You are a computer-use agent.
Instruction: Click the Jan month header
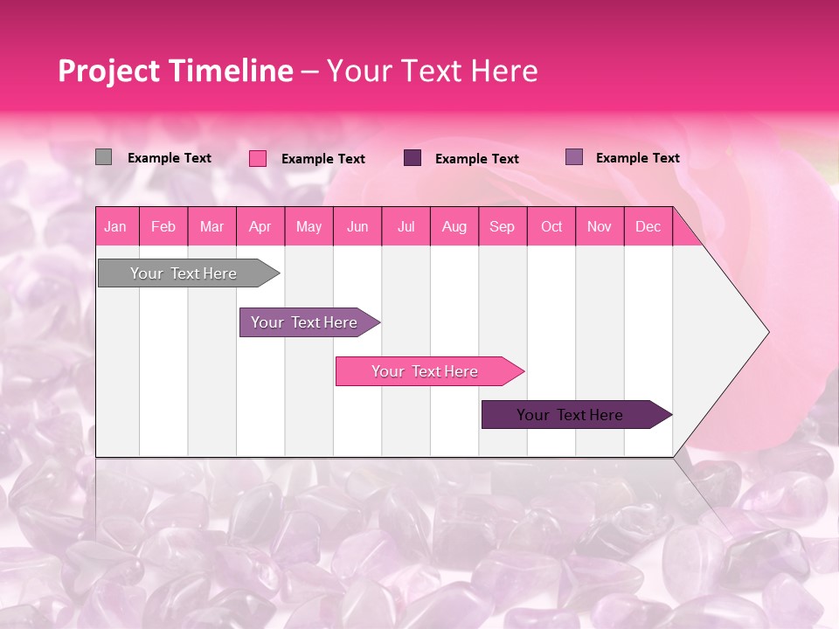(115, 226)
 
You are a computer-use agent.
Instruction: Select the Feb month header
(163, 226)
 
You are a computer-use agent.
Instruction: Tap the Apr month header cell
(260, 226)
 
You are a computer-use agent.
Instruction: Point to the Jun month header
(357, 226)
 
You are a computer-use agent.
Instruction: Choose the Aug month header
(454, 226)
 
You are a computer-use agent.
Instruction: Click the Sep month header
(502, 226)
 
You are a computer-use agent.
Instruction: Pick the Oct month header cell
(551, 226)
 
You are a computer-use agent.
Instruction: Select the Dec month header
(648, 226)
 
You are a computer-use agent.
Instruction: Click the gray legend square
(103, 157)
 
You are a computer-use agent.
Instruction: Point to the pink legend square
(258, 158)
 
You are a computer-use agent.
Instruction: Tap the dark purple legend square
(413, 158)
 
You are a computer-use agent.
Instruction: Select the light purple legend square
(574, 157)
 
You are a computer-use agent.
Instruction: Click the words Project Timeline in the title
(175, 71)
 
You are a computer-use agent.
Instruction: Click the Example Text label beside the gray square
(170, 158)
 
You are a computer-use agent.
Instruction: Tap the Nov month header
(599, 226)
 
